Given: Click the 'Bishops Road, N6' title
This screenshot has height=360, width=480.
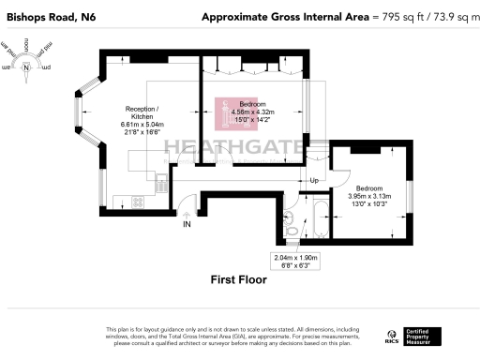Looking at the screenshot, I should (x=49, y=17).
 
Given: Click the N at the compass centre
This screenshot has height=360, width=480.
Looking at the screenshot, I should (x=27, y=67).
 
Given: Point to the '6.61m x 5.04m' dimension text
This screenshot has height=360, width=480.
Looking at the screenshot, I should (x=142, y=125).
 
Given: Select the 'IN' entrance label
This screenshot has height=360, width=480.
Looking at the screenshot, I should (x=187, y=225).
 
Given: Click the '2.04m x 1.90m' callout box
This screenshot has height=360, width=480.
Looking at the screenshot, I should (x=296, y=261).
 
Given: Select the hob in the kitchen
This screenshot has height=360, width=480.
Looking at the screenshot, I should (x=135, y=202).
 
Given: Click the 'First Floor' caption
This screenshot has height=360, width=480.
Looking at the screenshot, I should (x=238, y=279).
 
